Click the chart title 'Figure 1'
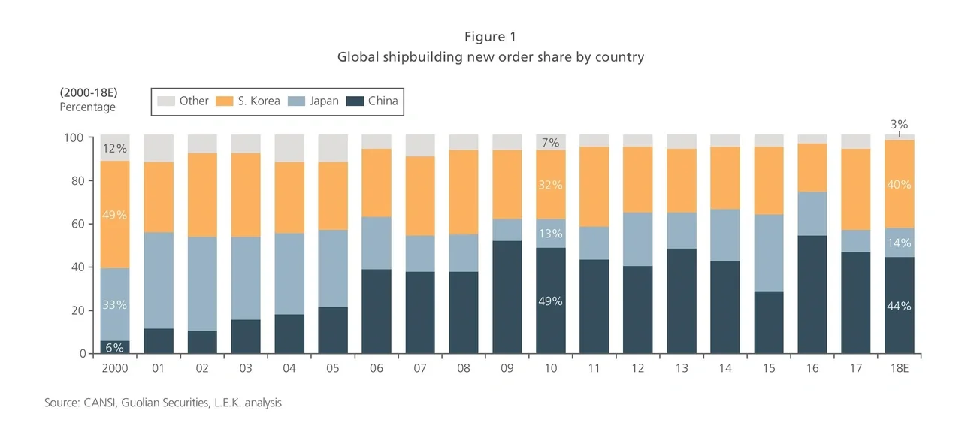pyautogui.click(x=490, y=37)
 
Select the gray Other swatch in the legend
pyautogui.click(x=165, y=101)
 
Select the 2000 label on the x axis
pyautogui.click(x=114, y=369)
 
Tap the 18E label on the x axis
pyautogui.click(x=899, y=369)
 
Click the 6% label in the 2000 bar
pyautogui.click(x=114, y=346)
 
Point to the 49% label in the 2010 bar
pyautogui.click(x=550, y=301)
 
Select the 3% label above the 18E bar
pyautogui.click(x=899, y=124)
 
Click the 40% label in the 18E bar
pyautogui.click(x=899, y=185)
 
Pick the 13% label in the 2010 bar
pyautogui.click(x=550, y=234)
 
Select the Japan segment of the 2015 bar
pyautogui.click(x=768, y=252)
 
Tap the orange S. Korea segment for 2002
pyautogui.click(x=201, y=195)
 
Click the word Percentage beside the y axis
pyautogui.click(x=88, y=107)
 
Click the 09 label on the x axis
pyautogui.click(x=507, y=369)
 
